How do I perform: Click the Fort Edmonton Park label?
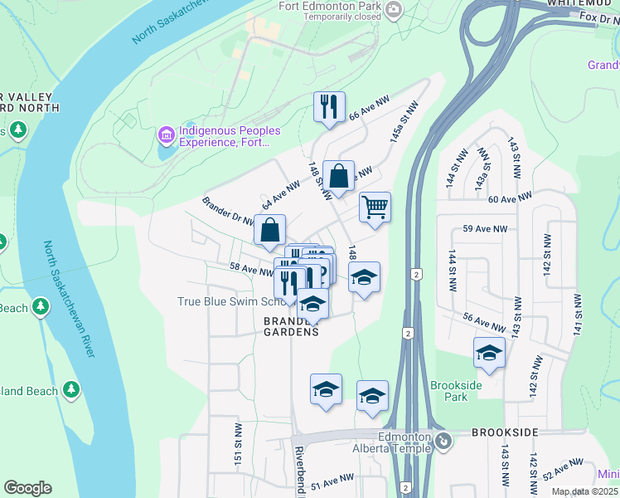[x=330, y=6]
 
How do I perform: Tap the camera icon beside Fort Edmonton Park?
[x=394, y=11]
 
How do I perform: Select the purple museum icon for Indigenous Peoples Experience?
[x=166, y=134]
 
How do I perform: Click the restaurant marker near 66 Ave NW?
[x=329, y=107]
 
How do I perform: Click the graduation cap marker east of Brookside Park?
[x=489, y=353]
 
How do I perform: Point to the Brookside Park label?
[x=449, y=391]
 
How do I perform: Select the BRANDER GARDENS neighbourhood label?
[x=291, y=326]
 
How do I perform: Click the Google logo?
[x=27, y=488]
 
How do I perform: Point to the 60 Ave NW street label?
[x=508, y=199]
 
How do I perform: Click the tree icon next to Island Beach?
[x=71, y=388]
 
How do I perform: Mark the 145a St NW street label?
[x=398, y=127]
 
